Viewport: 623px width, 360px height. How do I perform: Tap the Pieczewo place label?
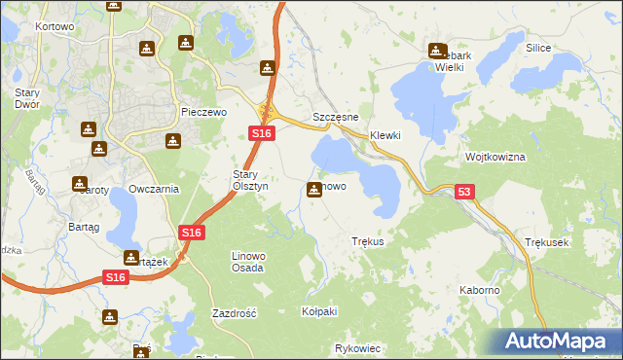(203, 112)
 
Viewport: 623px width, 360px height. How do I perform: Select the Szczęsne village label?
(337, 117)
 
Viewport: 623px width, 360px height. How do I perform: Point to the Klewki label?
(385, 135)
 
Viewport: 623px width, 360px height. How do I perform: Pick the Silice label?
(538, 48)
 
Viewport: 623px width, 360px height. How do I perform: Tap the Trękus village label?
(368, 240)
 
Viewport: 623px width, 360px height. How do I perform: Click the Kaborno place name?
(480, 290)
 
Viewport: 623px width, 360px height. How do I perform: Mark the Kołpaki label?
(319, 311)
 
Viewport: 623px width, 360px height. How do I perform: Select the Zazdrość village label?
(234, 313)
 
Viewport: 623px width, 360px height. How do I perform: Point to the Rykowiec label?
(356, 347)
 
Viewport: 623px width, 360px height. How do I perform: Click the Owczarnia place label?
(154, 189)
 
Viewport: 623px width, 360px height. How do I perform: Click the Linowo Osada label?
(248, 261)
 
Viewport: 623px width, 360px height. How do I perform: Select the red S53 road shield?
(464, 194)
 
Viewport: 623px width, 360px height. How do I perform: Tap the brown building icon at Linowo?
(314, 189)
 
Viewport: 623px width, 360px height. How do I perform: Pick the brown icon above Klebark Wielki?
(436, 52)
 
